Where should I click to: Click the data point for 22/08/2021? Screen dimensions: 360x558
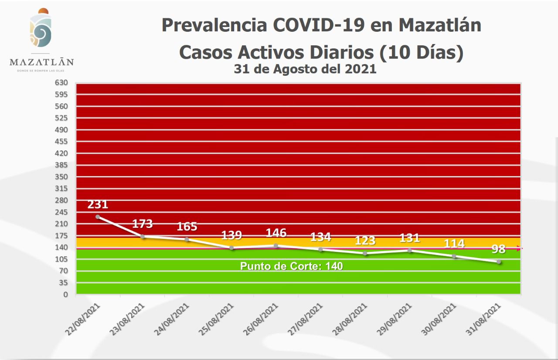click(x=98, y=217)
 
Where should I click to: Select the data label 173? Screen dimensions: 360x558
click(x=143, y=224)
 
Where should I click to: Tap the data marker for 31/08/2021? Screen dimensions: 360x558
click(x=498, y=262)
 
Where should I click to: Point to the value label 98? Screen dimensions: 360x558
click(x=498, y=249)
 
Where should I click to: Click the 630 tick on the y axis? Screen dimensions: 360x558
click(x=61, y=82)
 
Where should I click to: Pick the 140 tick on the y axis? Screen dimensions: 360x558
click(x=61, y=247)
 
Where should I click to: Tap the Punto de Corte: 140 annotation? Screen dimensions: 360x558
click(x=292, y=266)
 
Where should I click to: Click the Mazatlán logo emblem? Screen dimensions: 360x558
click(x=41, y=29)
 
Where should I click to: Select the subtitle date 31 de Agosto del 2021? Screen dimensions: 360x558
click(x=305, y=69)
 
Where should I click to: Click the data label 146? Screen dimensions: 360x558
click(x=276, y=233)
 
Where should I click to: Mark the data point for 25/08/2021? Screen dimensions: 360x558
click(x=231, y=248)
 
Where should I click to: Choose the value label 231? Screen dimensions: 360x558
click(x=98, y=204)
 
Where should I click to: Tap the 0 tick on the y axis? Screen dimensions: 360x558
click(x=65, y=295)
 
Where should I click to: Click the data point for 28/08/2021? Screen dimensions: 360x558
click(x=365, y=253)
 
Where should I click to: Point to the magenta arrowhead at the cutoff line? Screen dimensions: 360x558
click(x=519, y=248)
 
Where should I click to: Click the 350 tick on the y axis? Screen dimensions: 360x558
click(x=61, y=177)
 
